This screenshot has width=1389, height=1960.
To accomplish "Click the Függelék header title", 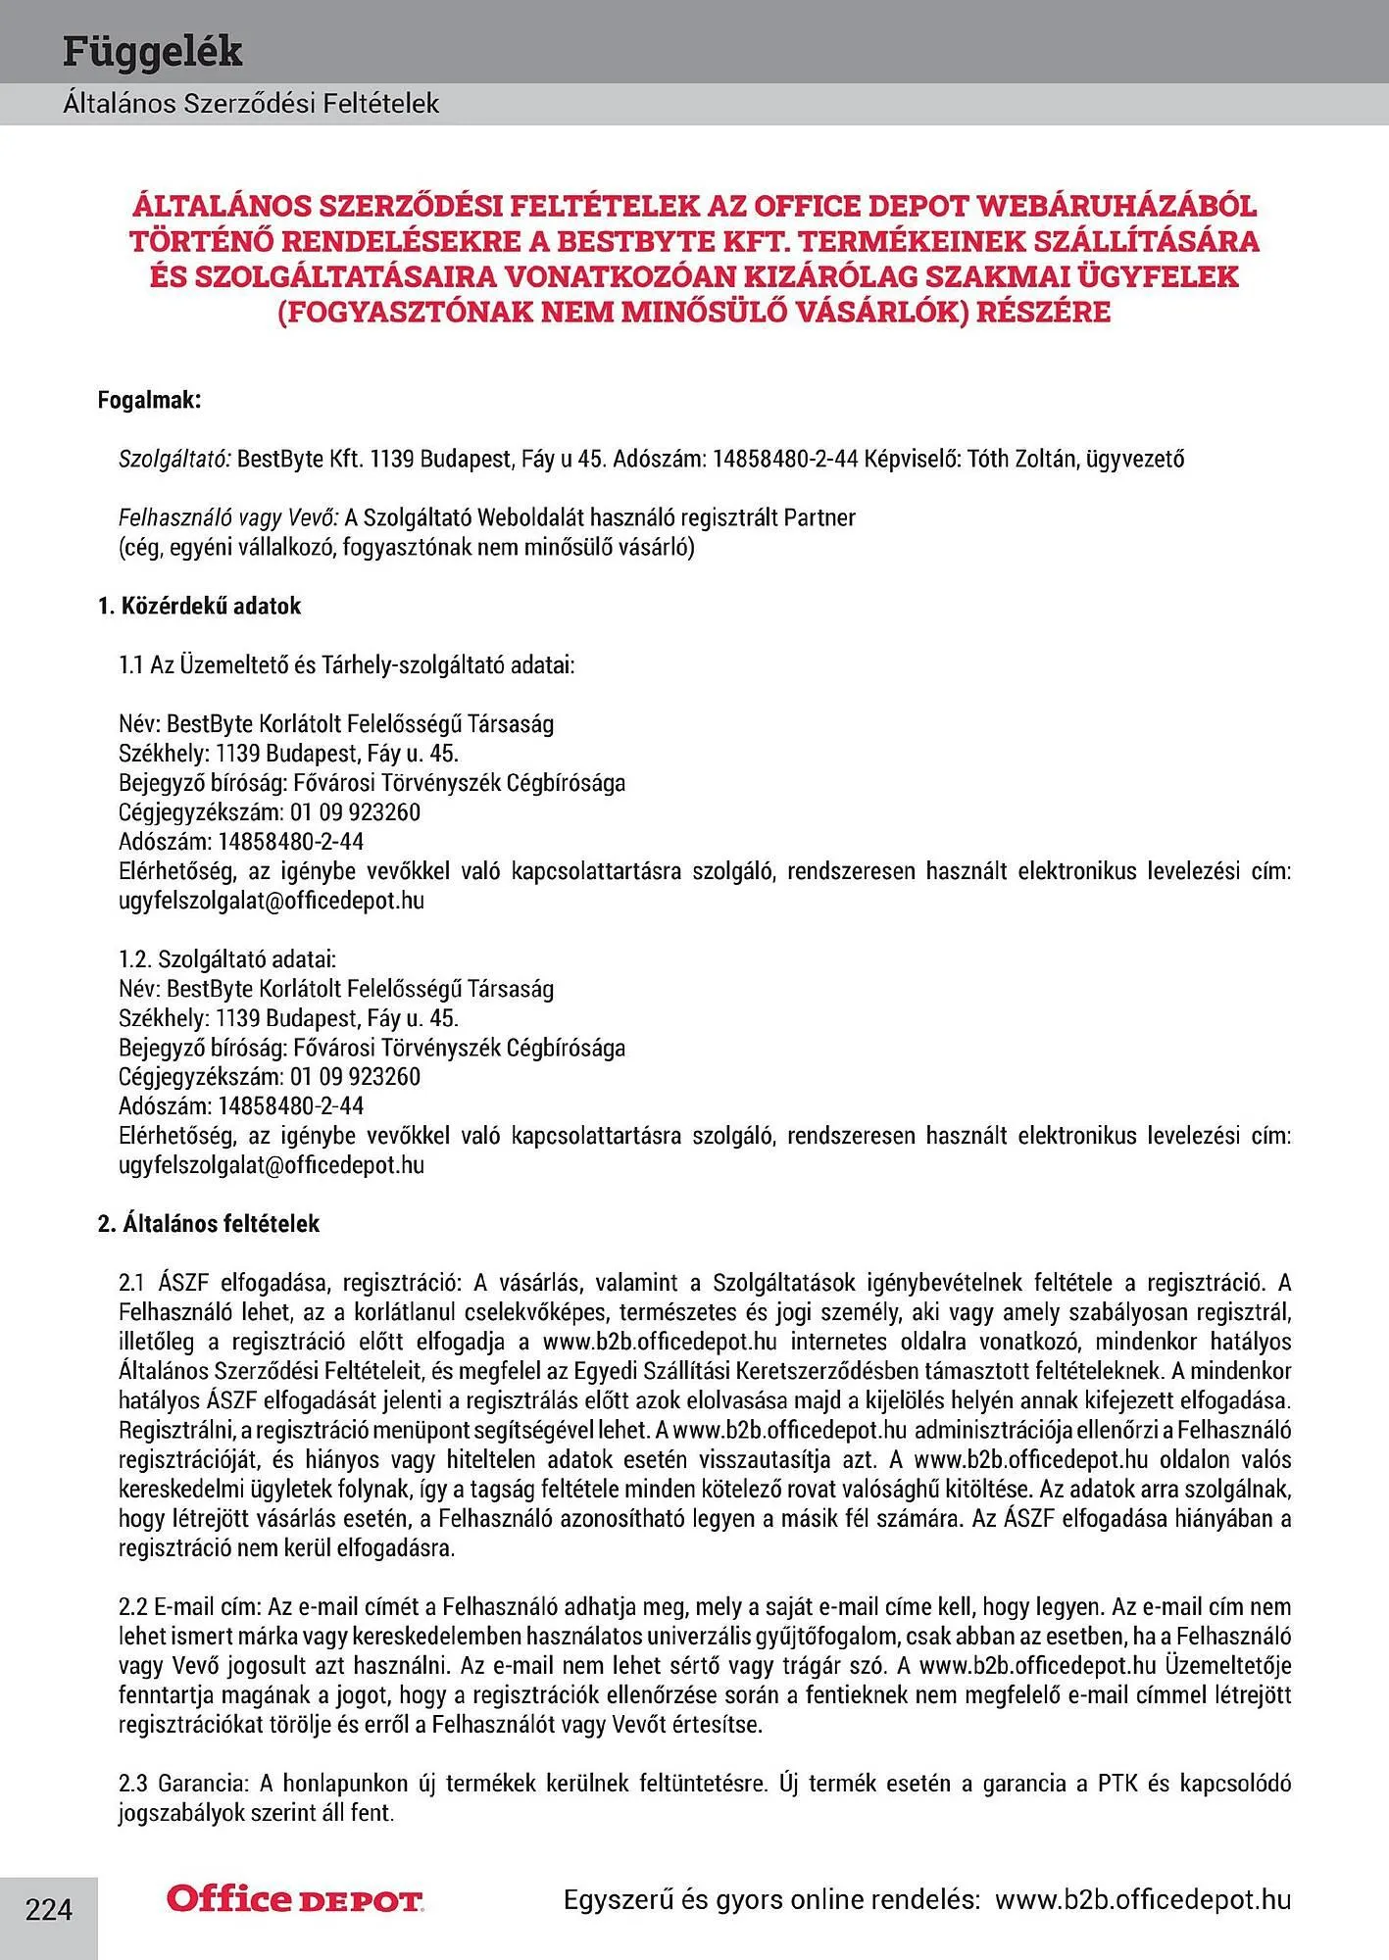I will [x=152, y=51].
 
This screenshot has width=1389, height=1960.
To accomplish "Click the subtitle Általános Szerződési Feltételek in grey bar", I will [x=251, y=103].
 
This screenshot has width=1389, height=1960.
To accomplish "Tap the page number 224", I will [x=49, y=1910].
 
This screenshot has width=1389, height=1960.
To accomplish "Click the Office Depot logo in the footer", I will [x=295, y=1899].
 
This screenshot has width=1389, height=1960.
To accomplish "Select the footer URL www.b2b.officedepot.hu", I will [x=1143, y=1899].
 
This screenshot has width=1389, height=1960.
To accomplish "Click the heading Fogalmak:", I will [x=149, y=400].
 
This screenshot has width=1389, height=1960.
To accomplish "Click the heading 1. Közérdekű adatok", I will [x=199, y=606].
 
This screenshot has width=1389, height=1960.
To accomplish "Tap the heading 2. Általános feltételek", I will [x=209, y=1223].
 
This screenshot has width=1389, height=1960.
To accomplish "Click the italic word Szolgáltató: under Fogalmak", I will [x=174, y=459].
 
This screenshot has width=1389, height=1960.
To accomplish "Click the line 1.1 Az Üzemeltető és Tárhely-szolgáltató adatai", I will [x=346, y=664].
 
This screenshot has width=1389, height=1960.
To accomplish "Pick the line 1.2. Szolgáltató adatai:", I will [x=227, y=958].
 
